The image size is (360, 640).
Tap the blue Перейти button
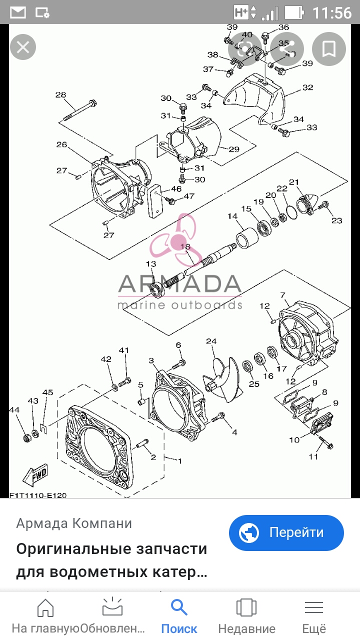point(286,533)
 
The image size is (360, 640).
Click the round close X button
point(23,47)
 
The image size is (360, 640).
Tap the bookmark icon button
point(329,49)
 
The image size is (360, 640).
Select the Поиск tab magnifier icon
point(179,607)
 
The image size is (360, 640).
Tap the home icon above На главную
point(45,607)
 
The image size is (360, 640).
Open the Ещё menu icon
point(313,607)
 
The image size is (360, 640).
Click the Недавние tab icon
point(246,607)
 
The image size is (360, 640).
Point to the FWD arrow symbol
point(35,475)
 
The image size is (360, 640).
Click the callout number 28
point(60,94)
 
